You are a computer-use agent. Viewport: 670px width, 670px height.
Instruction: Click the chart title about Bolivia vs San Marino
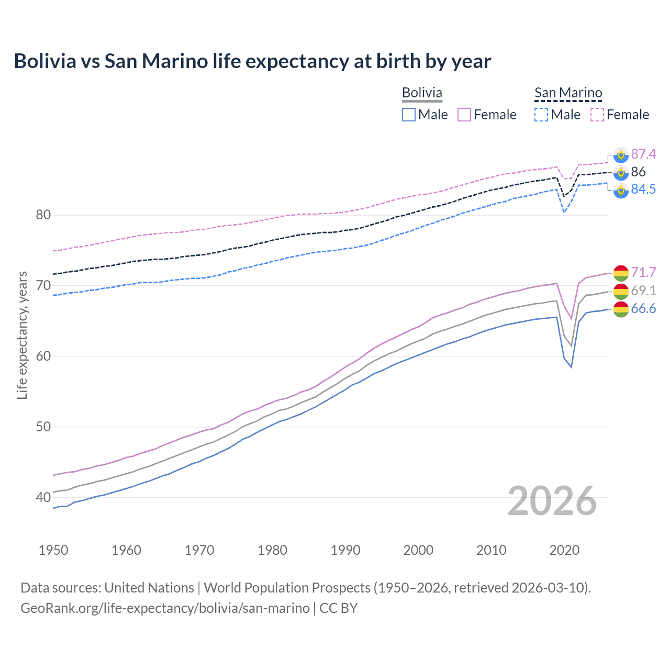pos(252,61)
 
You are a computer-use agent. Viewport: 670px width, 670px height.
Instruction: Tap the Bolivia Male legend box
pos(409,115)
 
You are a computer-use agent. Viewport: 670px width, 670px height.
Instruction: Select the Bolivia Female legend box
pos(464,115)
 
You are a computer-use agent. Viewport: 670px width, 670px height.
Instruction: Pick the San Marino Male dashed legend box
pos(541,115)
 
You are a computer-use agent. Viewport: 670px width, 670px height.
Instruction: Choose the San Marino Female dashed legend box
pos(597,115)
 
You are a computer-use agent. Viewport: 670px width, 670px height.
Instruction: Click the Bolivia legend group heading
pos(422,93)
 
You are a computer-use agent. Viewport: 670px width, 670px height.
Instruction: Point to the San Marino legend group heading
pos(568,93)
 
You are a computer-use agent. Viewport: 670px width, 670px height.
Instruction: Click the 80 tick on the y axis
pos(43,215)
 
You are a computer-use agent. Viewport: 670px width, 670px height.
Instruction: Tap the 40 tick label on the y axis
pos(43,497)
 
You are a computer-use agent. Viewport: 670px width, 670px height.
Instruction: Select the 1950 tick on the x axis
pos(53,550)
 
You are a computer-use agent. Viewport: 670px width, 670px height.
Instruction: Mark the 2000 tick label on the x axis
pos(418,550)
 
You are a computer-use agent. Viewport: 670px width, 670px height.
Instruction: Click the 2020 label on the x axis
pos(564,550)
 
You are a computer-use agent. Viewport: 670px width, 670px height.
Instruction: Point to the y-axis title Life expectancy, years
pos(22,335)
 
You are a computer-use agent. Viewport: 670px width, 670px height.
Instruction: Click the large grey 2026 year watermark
pos(552,501)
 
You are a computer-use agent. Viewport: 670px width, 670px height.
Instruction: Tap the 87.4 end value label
pos(643,154)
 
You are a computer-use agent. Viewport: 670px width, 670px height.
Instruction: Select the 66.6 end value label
pos(643,309)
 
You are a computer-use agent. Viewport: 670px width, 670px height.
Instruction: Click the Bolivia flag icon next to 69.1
pos(621,291)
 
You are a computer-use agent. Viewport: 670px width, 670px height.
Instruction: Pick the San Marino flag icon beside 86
pos(621,172)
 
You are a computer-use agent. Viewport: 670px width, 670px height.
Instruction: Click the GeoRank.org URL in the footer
pos(165,608)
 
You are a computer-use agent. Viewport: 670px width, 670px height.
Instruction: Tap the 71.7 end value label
pos(643,272)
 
